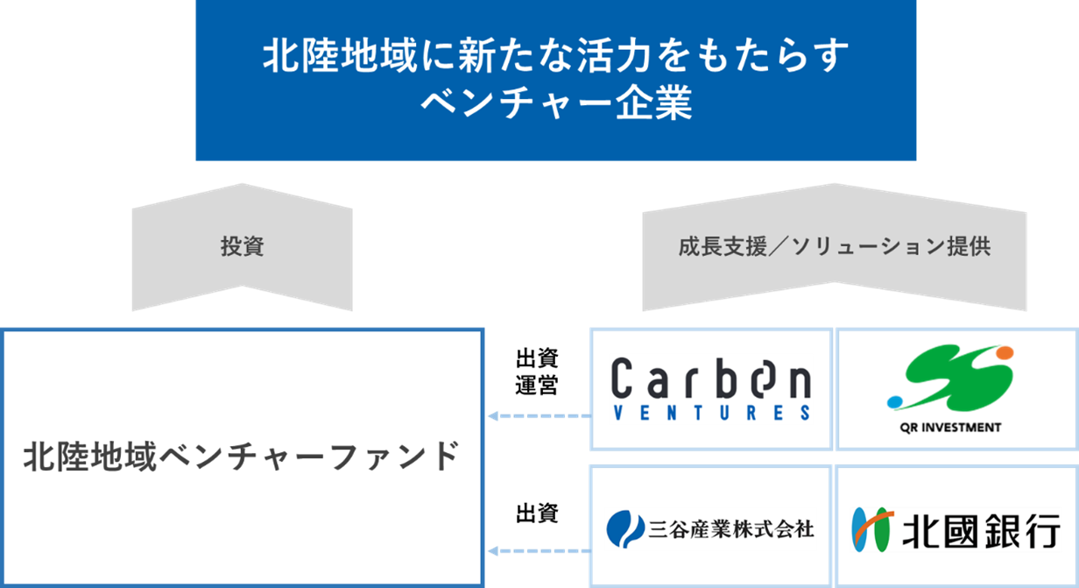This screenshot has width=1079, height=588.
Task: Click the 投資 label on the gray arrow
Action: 243,246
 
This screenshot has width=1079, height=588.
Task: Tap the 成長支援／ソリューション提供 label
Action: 835,247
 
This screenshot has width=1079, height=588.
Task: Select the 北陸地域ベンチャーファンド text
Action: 241,457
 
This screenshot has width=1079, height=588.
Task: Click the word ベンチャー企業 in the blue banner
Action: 556,103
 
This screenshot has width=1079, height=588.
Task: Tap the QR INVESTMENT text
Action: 950,428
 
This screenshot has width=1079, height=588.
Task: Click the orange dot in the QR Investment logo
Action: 1005,353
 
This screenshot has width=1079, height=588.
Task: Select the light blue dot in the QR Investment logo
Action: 894,401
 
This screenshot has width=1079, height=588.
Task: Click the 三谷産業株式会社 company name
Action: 731,529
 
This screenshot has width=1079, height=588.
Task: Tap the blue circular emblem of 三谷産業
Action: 625,529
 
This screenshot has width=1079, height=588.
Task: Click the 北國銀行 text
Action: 981,531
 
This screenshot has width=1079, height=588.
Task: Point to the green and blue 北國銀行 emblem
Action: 872,529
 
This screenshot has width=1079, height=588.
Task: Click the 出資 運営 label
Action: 537,372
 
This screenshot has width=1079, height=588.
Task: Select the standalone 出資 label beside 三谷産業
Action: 537,514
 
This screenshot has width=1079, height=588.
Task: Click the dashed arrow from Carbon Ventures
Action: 539,416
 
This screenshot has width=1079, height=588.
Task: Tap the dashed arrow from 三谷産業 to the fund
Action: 539,551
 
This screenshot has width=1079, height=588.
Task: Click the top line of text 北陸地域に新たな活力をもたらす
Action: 556,56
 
